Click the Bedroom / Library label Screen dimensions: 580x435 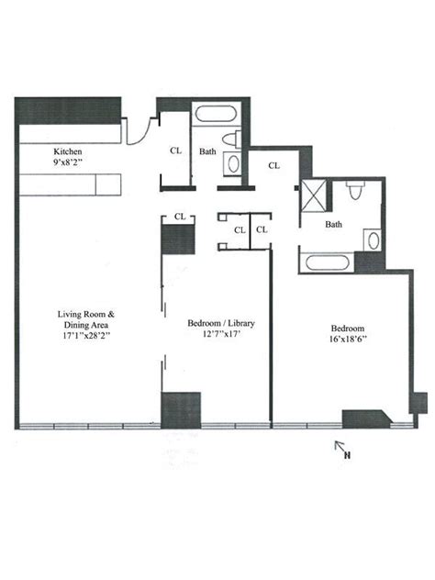[x=221, y=324]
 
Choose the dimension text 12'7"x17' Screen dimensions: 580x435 [x=221, y=335]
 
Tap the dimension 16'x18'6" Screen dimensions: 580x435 [x=348, y=339]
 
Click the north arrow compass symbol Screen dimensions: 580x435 [x=343, y=449]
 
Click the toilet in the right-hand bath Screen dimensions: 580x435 [x=355, y=194]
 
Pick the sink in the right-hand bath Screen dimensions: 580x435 [x=371, y=240]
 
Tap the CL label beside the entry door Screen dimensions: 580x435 [x=175, y=151]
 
